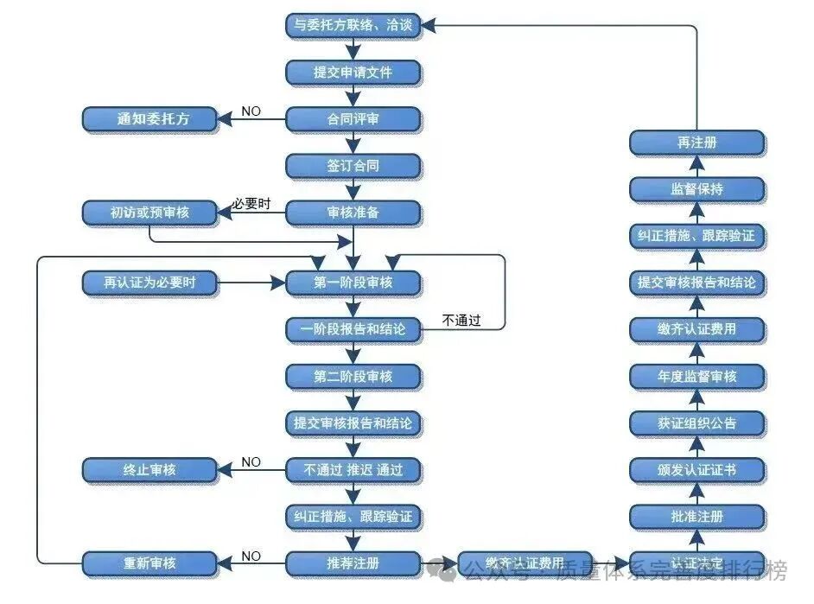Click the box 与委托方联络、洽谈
pyautogui.click(x=353, y=25)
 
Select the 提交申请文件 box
pyautogui.click(x=353, y=72)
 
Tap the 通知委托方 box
pyautogui.click(x=149, y=119)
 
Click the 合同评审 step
pyautogui.click(x=353, y=119)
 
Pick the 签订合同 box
pyautogui.click(x=353, y=165)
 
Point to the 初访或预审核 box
pyautogui.click(x=149, y=212)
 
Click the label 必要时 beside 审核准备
pyautogui.click(x=251, y=204)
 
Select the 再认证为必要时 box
pyautogui.click(x=149, y=283)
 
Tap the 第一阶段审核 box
pyautogui.click(x=353, y=283)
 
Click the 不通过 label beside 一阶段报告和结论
pyautogui.click(x=461, y=321)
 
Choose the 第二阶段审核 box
pyautogui.click(x=353, y=376)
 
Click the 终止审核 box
pyautogui.click(x=149, y=470)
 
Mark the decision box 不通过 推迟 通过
pyautogui.click(x=353, y=470)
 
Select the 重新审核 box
pyautogui.click(x=149, y=563)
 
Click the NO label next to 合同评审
pyautogui.click(x=251, y=111)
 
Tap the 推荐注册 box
pyautogui.click(x=353, y=563)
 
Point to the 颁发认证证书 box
pyautogui.click(x=696, y=470)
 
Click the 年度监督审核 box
pyautogui.click(x=696, y=376)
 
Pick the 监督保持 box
pyautogui.click(x=696, y=188)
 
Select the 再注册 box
pyautogui.click(x=696, y=142)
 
